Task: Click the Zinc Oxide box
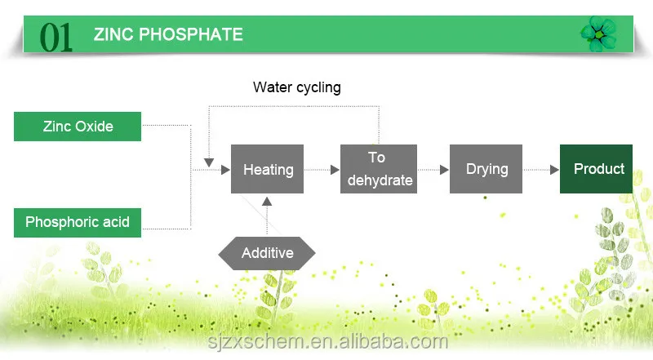(78, 127)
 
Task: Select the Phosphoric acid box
(78, 223)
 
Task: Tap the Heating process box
(267, 169)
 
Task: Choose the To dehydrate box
(379, 169)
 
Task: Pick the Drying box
(486, 169)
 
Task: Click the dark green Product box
(596, 169)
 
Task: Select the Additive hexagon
(267, 253)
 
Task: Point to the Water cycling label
(297, 87)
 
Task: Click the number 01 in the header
(56, 38)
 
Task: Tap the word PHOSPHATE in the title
(191, 34)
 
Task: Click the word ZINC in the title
(113, 34)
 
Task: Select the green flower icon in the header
(599, 34)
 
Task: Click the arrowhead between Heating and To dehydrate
(335, 170)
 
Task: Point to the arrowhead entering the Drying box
(444, 170)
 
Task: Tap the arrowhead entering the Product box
(554, 170)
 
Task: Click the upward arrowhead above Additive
(267, 202)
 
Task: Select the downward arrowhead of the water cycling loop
(209, 162)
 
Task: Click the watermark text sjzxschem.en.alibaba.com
(328, 342)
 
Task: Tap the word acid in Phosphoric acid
(116, 222)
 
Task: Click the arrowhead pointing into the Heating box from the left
(225, 170)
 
